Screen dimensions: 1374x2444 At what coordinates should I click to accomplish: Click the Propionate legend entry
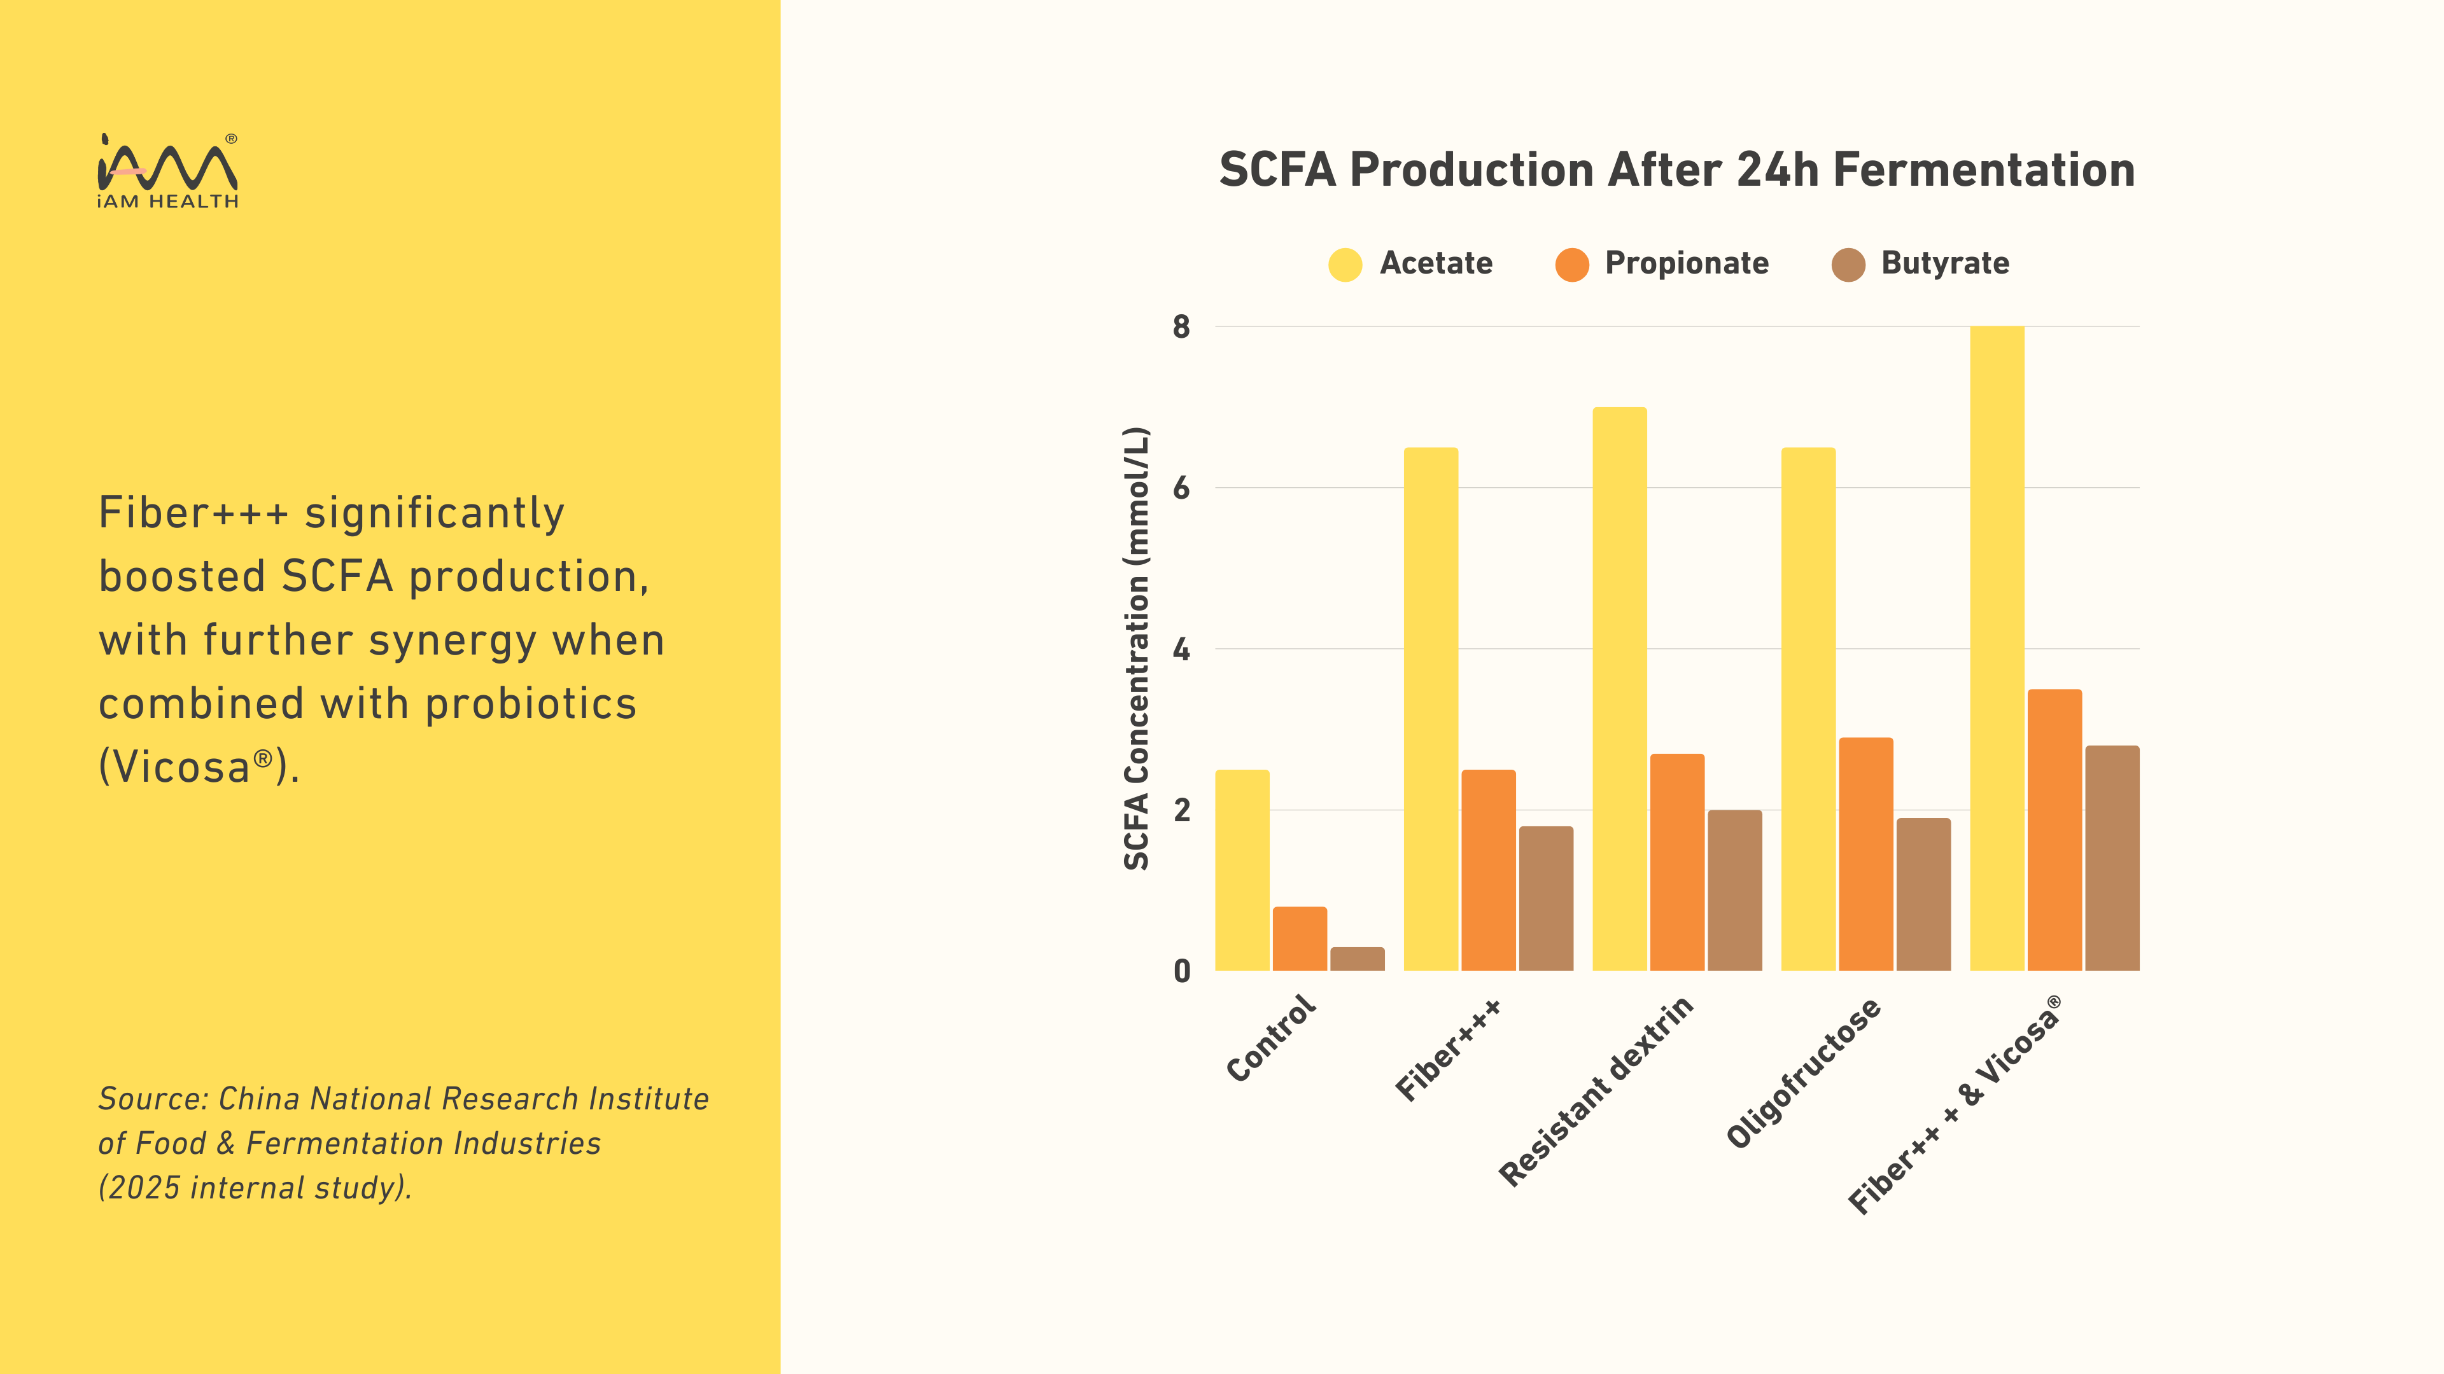tap(1686, 263)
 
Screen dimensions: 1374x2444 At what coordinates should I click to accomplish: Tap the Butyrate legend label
tap(1945, 263)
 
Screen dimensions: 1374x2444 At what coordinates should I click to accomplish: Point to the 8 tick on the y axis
tap(1181, 327)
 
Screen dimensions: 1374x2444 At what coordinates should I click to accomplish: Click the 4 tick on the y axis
tap(1181, 649)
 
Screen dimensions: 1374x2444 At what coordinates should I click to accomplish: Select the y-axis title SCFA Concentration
tap(1137, 649)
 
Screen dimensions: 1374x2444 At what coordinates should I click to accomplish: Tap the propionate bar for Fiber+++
tap(1487, 870)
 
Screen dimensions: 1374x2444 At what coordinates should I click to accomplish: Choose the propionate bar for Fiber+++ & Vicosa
tap(2054, 829)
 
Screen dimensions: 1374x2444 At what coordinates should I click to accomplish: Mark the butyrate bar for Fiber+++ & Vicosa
tap(2112, 858)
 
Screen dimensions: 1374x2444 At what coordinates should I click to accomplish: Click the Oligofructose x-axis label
tap(1802, 1072)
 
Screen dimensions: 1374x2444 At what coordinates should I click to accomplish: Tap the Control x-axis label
tap(1272, 1037)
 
